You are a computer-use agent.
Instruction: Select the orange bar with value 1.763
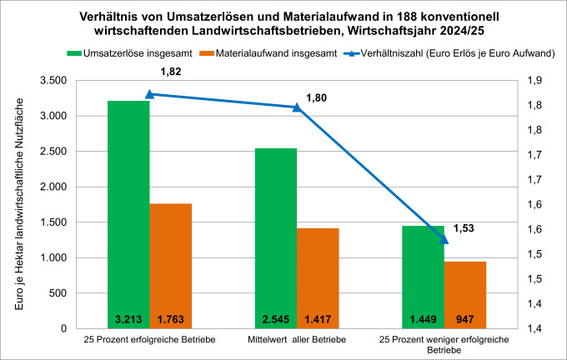171,266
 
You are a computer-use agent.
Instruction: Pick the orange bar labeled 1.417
318,278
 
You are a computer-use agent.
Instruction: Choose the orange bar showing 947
465,295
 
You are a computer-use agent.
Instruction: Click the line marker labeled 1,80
297,107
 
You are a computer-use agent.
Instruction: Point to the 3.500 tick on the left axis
53,81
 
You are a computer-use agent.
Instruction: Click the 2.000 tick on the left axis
53,187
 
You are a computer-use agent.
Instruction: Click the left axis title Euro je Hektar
18,204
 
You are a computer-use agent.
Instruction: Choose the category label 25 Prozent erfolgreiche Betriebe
150,340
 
